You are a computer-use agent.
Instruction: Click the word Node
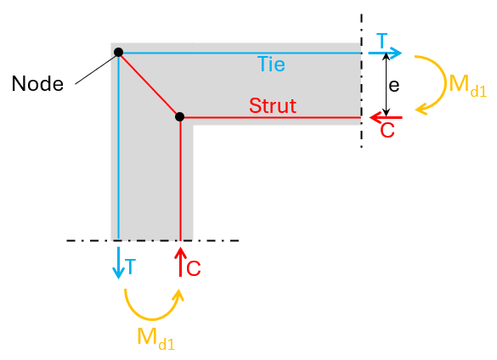tap(37, 84)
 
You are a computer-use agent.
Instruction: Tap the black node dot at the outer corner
tap(119, 53)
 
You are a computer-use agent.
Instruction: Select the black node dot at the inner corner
tap(180, 116)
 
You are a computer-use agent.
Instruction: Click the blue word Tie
tap(271, 64)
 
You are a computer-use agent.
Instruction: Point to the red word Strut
tap(273, 105)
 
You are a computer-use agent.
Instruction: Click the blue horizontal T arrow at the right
tap(385, 53)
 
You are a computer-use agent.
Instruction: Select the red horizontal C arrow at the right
tap(386, 117)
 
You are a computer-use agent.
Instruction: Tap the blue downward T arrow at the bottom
tap(118, 262)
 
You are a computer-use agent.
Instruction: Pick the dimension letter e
tap(393, 86)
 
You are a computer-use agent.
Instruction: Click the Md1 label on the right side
tap(468, 85)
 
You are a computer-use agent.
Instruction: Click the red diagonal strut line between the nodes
tap(149, 85)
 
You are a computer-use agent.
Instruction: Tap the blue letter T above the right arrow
tap(382, 41)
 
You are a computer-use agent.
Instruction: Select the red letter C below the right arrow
tap(387, 130)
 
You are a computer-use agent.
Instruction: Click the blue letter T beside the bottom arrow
tap(130, 267)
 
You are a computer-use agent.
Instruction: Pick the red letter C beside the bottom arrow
tap(194, 268)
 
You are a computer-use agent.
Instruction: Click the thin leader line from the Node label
tap(95, 70)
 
